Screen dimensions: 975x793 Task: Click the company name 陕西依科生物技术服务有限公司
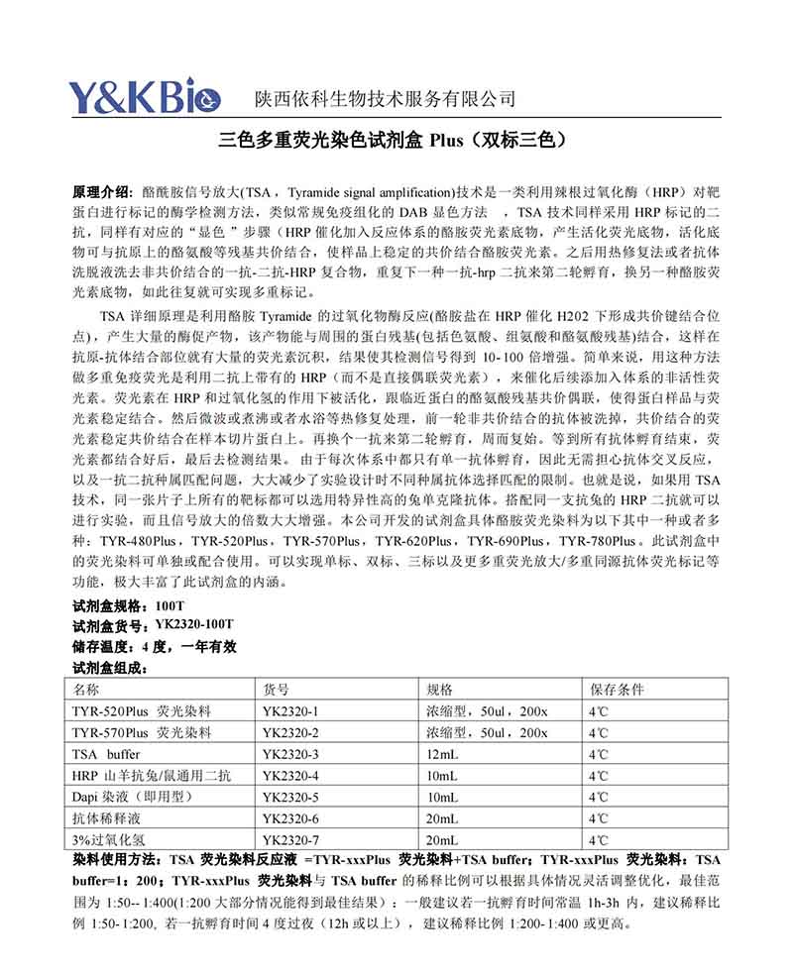tap(386, 98)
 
